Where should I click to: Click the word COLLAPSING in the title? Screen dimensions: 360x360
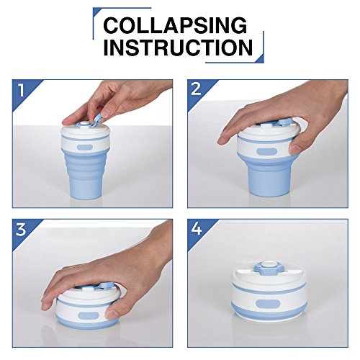pyautogui.click(x=175, y=25)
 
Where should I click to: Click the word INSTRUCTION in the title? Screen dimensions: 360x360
pyautogui.click(x=178, y=48)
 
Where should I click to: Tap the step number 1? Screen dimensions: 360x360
pyautogui.click(x=22, y=90)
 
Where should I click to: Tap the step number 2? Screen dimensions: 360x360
pyautogui.click(x=196, y=89)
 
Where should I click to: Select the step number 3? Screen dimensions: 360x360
pyautogui.click(x=21, y=229)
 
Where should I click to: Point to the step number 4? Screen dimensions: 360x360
pyautogui.click(x=197, y=229)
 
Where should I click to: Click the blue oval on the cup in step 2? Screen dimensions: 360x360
pyautogui.click(x=266, y=152)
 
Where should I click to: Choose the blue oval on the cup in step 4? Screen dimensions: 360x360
pyautogui.click(x=268, y=305)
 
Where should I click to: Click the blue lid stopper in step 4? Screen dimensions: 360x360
pyautogui.click(x=269, y=268)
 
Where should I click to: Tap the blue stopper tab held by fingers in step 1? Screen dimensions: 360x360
pyautogui.click(x=96, y=120)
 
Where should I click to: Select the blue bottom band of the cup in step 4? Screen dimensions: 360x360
pyautogui.click(x=269, y=312)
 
